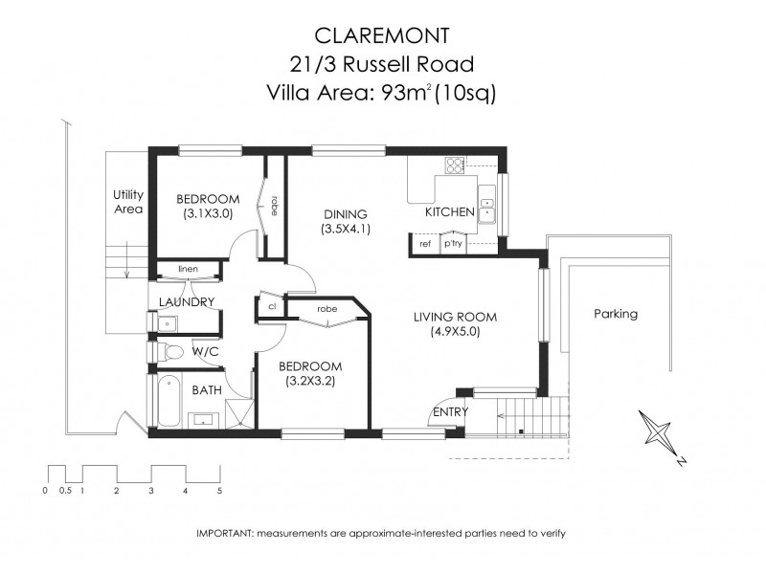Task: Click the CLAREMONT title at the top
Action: (x=383, y=36)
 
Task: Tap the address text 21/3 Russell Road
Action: (x=383, y=65)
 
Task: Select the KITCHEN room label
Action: (x=450, y=212)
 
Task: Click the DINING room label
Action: (x=345, y=213)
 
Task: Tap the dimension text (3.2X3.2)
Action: (x=310, y=382)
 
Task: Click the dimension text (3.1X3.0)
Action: (x=208, y=214)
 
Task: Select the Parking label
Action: (x=615, y=314)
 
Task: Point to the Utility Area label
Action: (x=127, y=201)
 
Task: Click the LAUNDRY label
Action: (x=185, y=302)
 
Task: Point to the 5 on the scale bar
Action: (x=219, y=491)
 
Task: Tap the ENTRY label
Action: (x=451, y=411)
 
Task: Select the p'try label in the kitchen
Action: (x=453, y=244)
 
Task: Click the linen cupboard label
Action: (x=188, y=269)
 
